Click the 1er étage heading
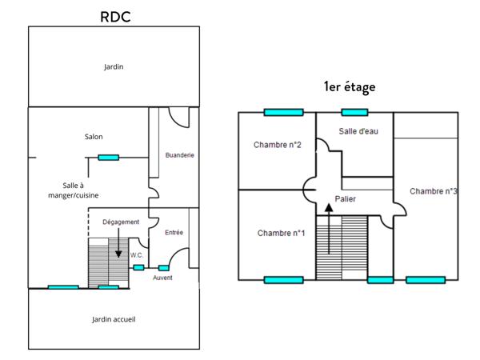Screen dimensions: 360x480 point(349,86)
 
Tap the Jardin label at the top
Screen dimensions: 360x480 point(114,67)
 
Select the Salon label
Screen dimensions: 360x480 point(93,137)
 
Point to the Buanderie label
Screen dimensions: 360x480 point(180,154)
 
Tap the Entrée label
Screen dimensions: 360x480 point(174,233)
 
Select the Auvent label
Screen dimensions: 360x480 point(162,278)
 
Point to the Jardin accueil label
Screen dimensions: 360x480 point(114,319)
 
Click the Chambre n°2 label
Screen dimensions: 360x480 point(277,145)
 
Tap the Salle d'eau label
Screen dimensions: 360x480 point(358,131)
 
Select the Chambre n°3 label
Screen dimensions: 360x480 point(433,191)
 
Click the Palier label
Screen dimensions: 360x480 point(345,198)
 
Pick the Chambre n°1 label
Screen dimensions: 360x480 point(281,234)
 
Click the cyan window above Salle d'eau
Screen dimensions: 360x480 point(354,112)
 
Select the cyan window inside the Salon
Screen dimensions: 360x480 point(109,157)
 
